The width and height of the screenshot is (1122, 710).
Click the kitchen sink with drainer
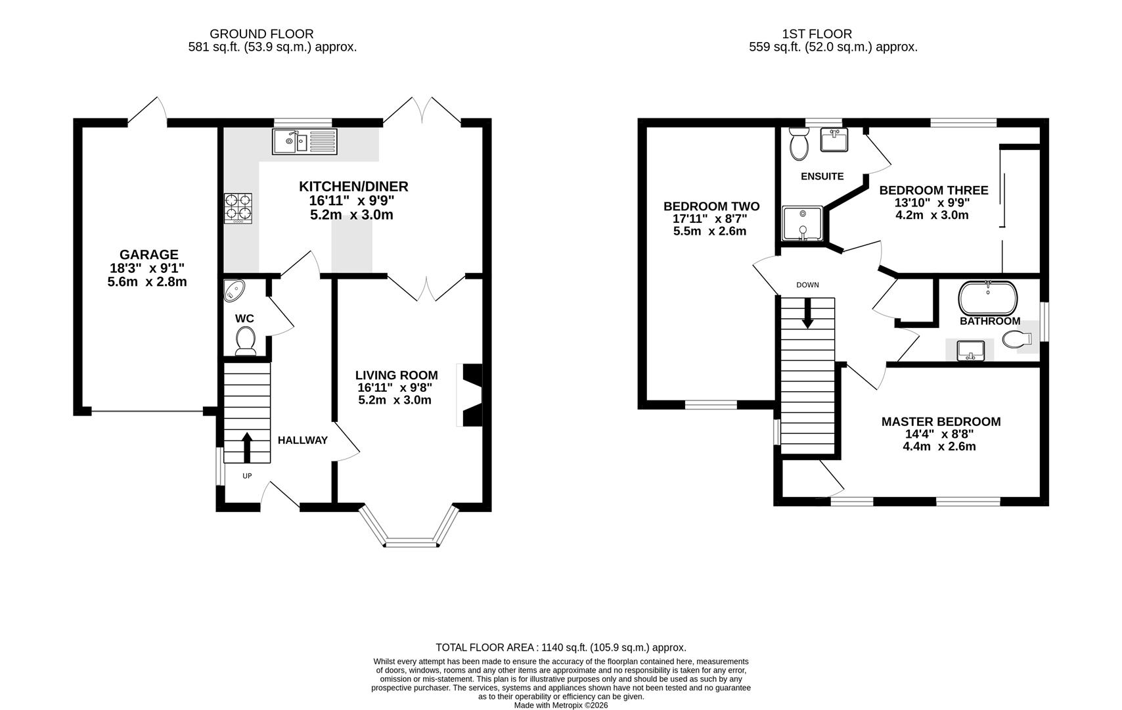tap(305, 141)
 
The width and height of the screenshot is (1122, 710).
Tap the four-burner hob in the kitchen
tap(238, 208)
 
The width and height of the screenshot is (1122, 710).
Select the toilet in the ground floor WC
tap(246, 341)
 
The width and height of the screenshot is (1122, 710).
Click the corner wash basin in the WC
tap(233, 290)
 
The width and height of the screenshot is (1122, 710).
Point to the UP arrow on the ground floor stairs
tap(246, 447)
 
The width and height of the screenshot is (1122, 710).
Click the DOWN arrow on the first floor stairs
tap(807, 314)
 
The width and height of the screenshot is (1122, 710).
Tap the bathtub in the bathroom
tap(988, 298)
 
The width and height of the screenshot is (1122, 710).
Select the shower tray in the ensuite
tap(803, 224)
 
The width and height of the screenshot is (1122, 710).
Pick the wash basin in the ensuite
tap(834, 140)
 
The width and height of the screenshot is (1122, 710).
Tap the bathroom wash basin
tap(971, 350)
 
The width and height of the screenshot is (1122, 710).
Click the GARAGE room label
tap(148, 254)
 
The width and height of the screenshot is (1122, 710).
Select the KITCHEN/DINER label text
tap(353, 187)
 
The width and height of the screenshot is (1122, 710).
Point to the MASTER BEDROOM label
tap(941, 421)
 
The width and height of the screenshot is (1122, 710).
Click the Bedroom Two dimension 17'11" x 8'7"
tap(710, 219)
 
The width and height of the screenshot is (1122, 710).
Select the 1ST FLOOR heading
tap(817, 34)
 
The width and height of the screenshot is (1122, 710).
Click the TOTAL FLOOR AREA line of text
tap(561, 648)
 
